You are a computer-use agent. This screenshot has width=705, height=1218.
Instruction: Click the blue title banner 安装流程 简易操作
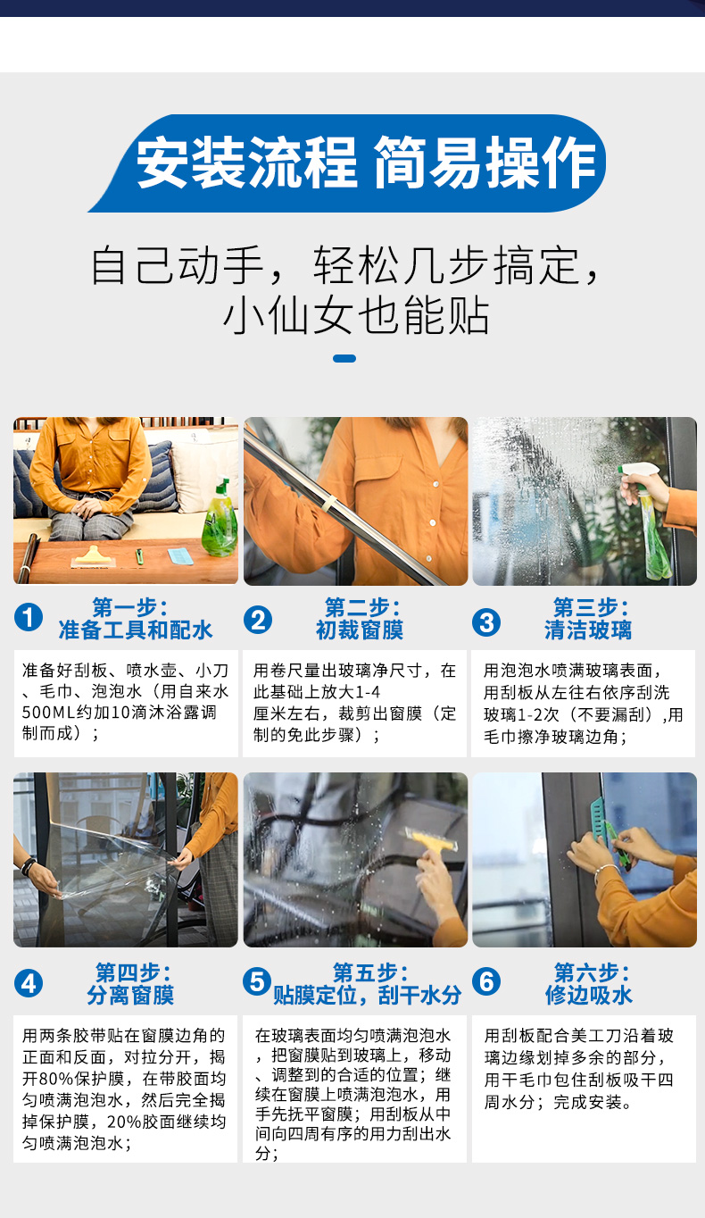[348, 163]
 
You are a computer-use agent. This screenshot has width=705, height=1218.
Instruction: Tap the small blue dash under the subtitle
[344, 358]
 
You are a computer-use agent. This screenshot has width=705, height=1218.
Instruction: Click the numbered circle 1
[29, 617]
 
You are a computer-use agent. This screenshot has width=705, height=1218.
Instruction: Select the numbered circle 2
[258, 621]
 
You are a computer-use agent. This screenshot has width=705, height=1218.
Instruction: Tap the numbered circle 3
[486, 623]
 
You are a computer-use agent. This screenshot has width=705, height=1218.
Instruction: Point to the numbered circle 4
[29, 983]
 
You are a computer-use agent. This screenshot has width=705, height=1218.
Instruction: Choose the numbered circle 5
[257, 981]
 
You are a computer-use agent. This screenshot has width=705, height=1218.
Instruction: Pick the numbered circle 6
[486, 981]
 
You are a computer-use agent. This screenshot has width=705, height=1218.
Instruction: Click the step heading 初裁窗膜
[360, 630]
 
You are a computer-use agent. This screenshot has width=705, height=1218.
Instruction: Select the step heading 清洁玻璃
[588, 630]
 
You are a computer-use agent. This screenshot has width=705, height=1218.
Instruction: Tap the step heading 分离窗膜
[130, 996]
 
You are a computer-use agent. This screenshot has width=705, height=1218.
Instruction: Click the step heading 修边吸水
[589, 996]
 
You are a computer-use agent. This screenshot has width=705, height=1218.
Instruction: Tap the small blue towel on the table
[180, 556]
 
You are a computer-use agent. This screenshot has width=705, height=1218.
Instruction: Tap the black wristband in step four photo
[28, 867]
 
